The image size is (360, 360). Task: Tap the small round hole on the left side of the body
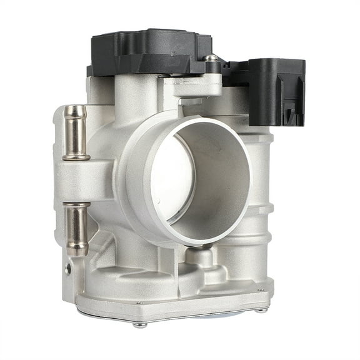(x=67, y=270)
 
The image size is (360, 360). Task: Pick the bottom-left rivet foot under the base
(x=141, y=324)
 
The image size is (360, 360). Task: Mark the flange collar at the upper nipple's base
(x=76, y=156)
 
